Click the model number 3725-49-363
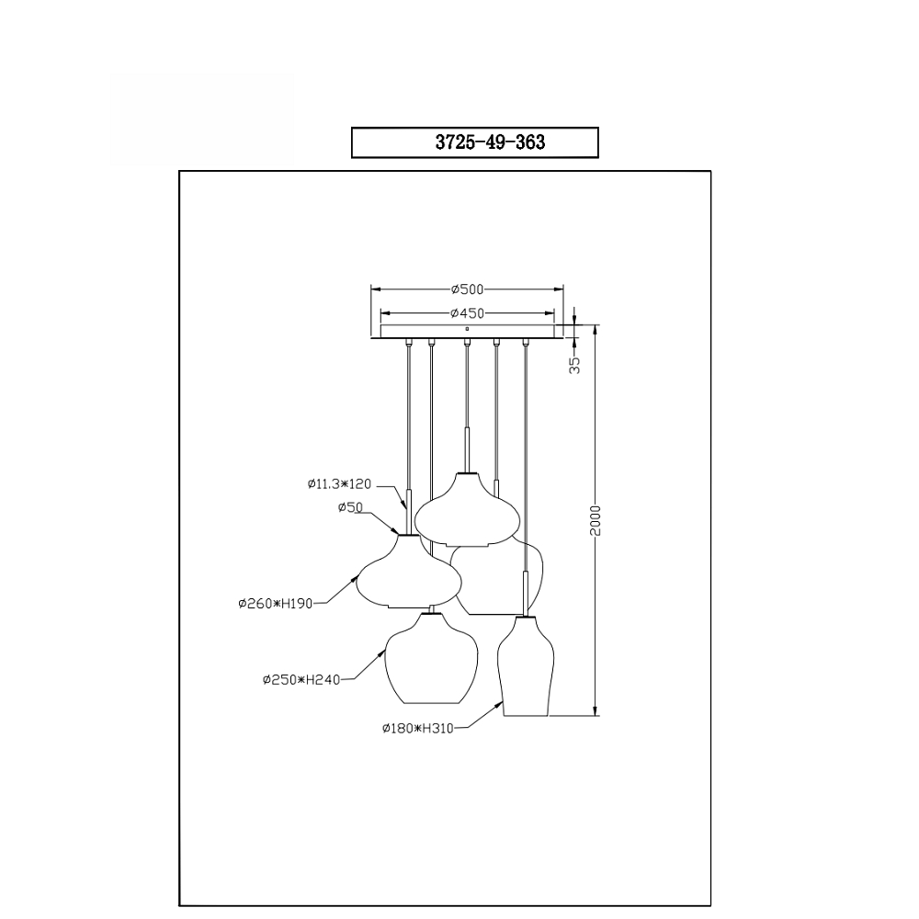coord(490,142)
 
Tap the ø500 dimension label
coord(467,289)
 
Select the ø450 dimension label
coord(467,313)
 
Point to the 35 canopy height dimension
coord(574,364)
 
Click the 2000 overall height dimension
coord(596,519)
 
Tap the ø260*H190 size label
coord(276,604)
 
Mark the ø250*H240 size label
coord(301,680)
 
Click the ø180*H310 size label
coord(417,728)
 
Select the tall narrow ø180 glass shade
coord(525,666)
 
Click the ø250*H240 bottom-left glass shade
coord(430,659)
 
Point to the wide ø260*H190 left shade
coord(407,574)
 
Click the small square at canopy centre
coord(467,328)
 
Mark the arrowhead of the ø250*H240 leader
coord(383,652)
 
